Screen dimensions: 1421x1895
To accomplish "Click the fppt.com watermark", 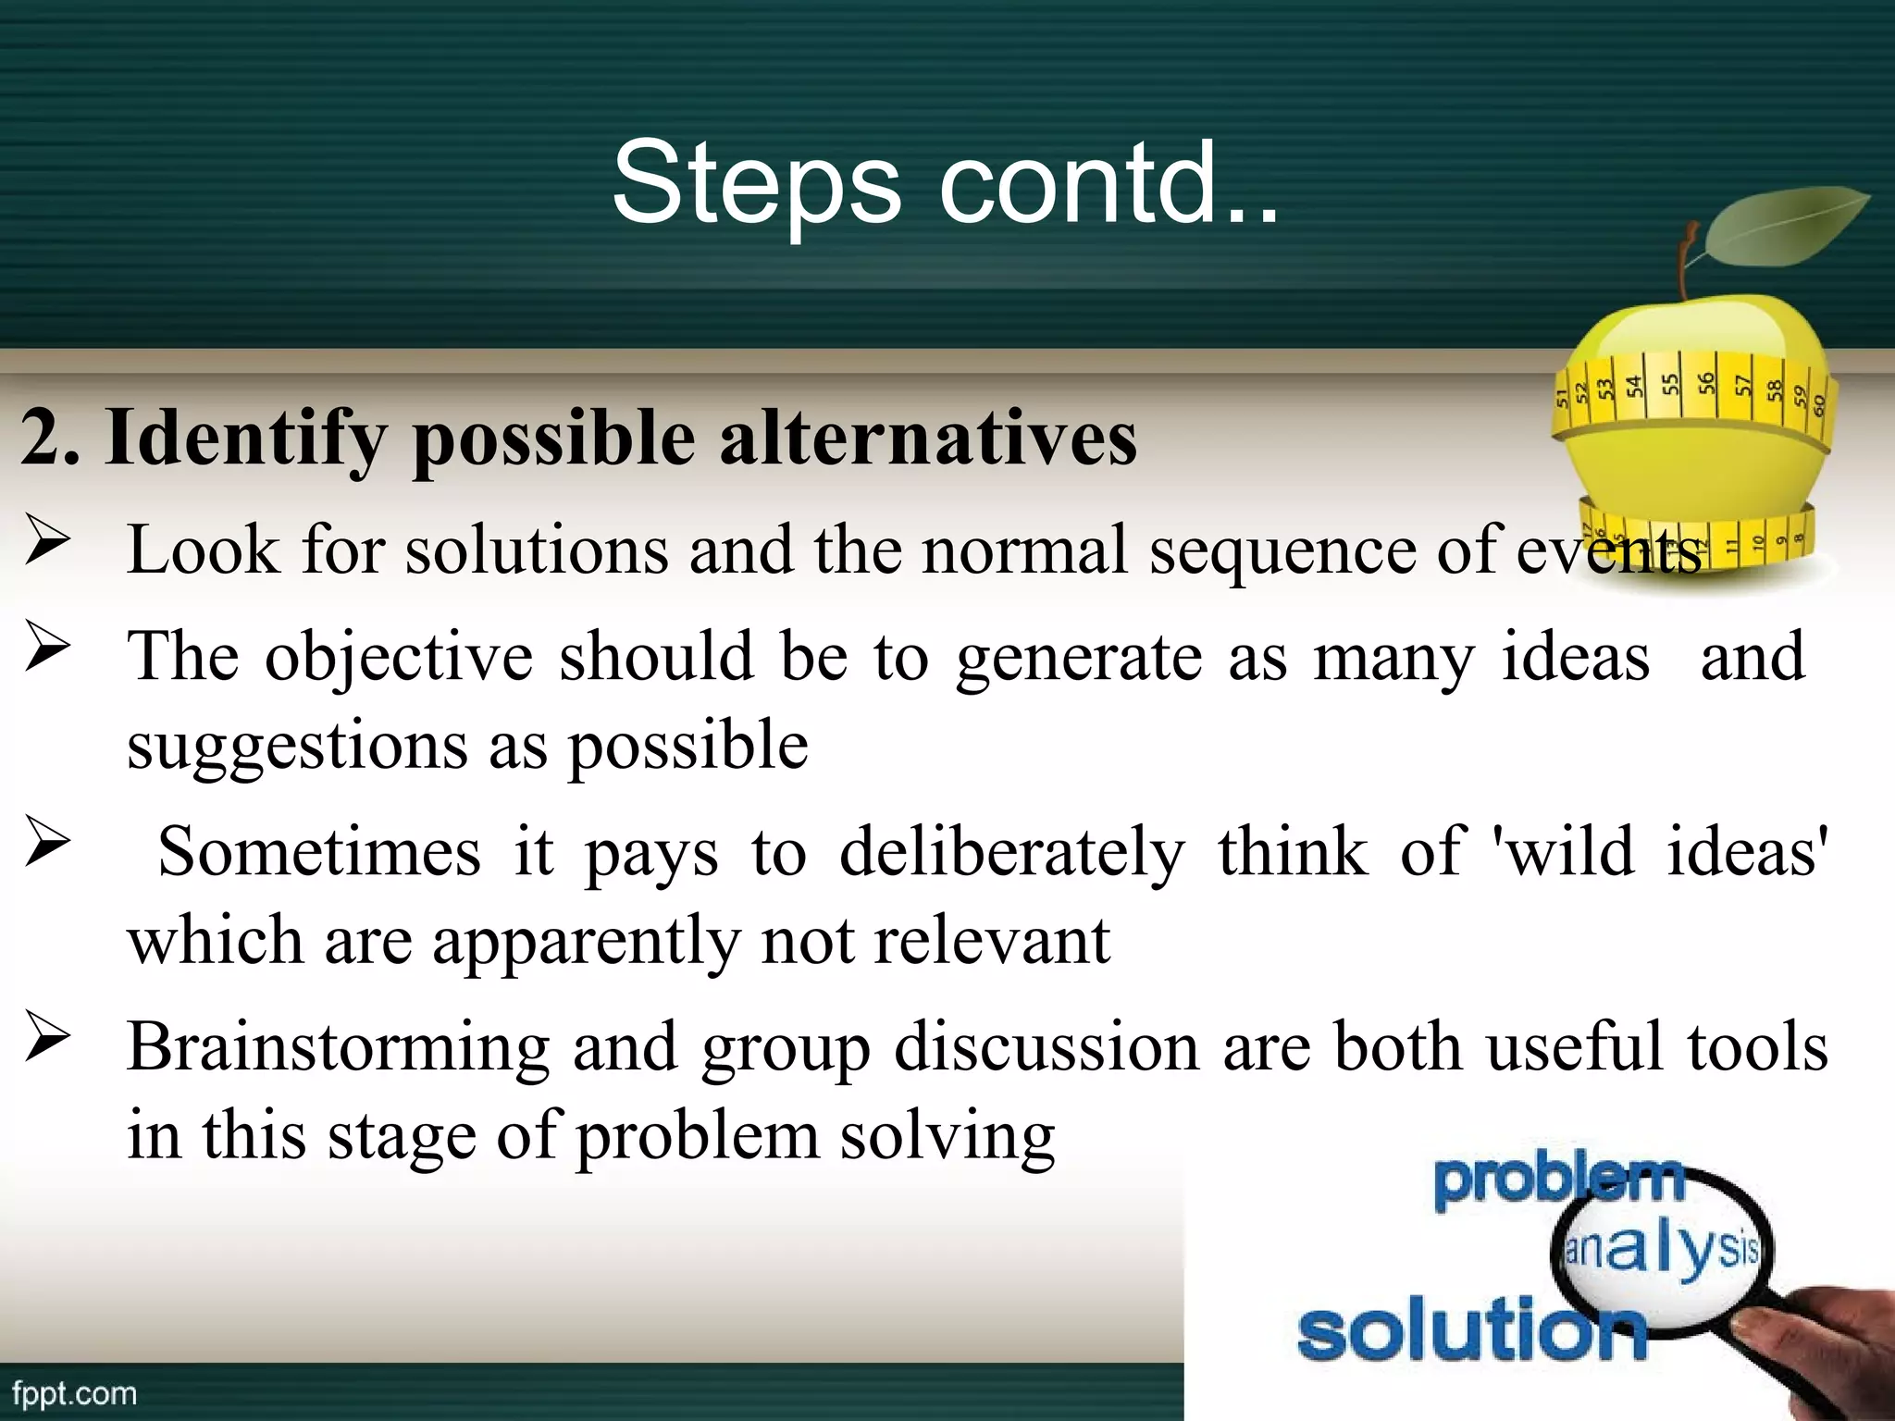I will (74, 1393).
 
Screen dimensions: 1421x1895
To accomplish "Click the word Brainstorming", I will (338, 1048).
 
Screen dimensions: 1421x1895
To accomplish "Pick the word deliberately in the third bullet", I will (1011, 852).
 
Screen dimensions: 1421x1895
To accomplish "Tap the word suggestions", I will (297, 746).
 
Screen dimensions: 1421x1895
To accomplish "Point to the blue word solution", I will (1471, 1328).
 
